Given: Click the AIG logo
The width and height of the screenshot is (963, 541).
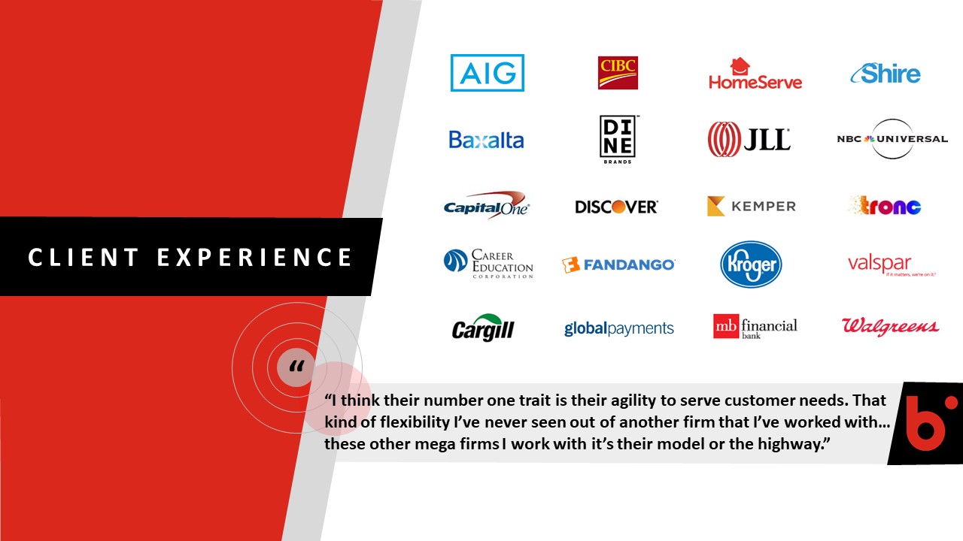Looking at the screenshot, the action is tap(487, 73).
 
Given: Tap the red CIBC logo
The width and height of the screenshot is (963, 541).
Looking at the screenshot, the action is tap(618, 73).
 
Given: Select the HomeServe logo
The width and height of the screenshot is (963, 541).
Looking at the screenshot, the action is tap(755, 74).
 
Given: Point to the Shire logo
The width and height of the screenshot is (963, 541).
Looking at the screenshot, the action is tap(886, 74).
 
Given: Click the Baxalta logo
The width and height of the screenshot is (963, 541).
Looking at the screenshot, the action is tap(486, 140).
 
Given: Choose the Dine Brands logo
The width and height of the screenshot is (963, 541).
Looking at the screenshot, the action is tap(618, 140).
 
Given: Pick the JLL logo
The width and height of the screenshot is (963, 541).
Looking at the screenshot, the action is tap(749, 139).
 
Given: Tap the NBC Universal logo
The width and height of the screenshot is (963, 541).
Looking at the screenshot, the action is tap(892, 139).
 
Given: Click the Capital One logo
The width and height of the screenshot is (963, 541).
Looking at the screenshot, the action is tap(486, 205).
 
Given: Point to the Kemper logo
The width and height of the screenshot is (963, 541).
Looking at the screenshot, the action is tap(752, 206).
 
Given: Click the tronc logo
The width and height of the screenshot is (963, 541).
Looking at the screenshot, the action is tap(885, 205).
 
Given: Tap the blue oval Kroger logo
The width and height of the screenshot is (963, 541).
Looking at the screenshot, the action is tap(751, 264).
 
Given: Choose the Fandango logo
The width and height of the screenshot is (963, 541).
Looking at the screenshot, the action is tap(618, 264).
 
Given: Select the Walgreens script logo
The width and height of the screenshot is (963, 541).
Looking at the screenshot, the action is tap(890, 326).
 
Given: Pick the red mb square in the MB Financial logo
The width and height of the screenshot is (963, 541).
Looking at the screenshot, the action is tap(726, 326).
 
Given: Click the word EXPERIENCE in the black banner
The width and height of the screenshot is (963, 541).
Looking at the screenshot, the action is tap(254, 257).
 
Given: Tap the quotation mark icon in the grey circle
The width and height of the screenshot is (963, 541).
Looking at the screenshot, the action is tap(296, 366).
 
